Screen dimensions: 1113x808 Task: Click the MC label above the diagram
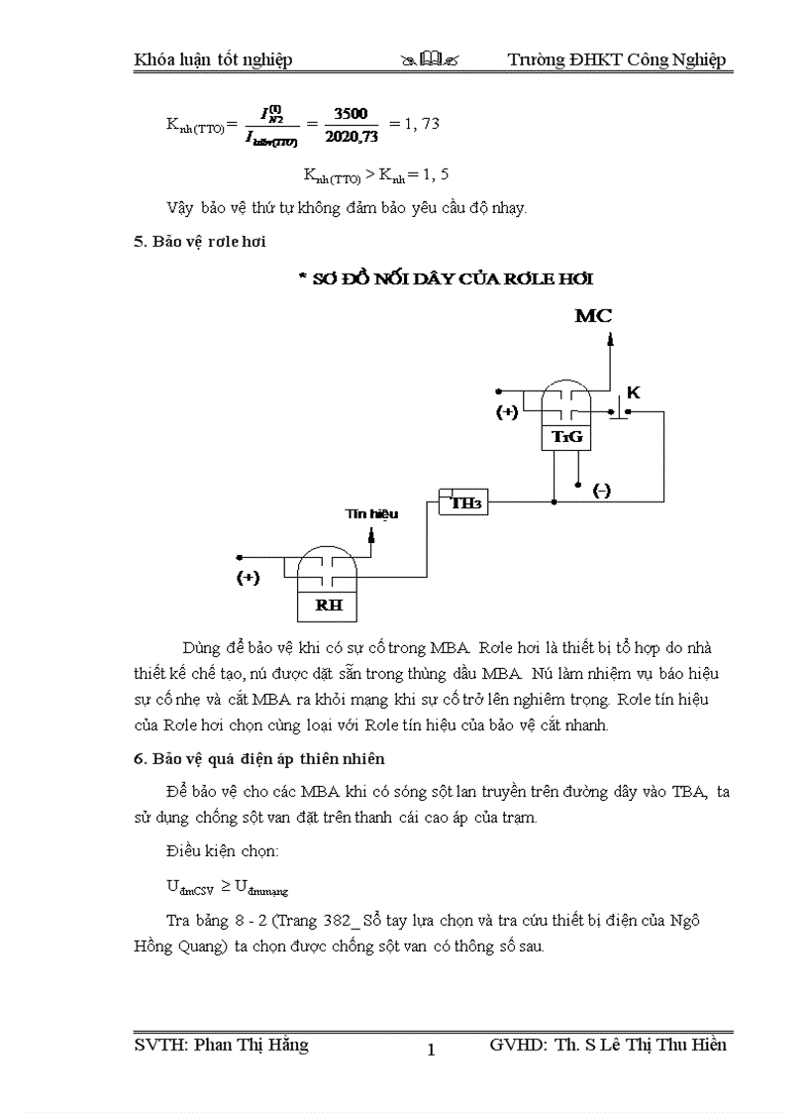click(594, 316)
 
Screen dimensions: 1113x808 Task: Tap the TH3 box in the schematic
click(465, 503)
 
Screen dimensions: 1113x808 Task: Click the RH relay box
click(327, 604)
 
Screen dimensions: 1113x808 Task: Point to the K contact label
click(634, 392)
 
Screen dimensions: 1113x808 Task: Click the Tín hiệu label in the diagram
click(371, 513)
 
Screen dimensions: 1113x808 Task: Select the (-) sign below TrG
click(601, 491)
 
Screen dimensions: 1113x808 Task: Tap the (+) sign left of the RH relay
click(248, 578)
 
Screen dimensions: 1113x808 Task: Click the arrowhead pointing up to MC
click(610, 338)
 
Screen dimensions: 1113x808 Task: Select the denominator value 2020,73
click(352, 135)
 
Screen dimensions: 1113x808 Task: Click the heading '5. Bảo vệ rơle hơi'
click(200, 241)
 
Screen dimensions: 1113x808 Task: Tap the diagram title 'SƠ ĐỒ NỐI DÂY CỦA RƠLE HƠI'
click(446, 278)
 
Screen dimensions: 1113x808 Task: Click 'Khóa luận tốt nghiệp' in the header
click(213, 60)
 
